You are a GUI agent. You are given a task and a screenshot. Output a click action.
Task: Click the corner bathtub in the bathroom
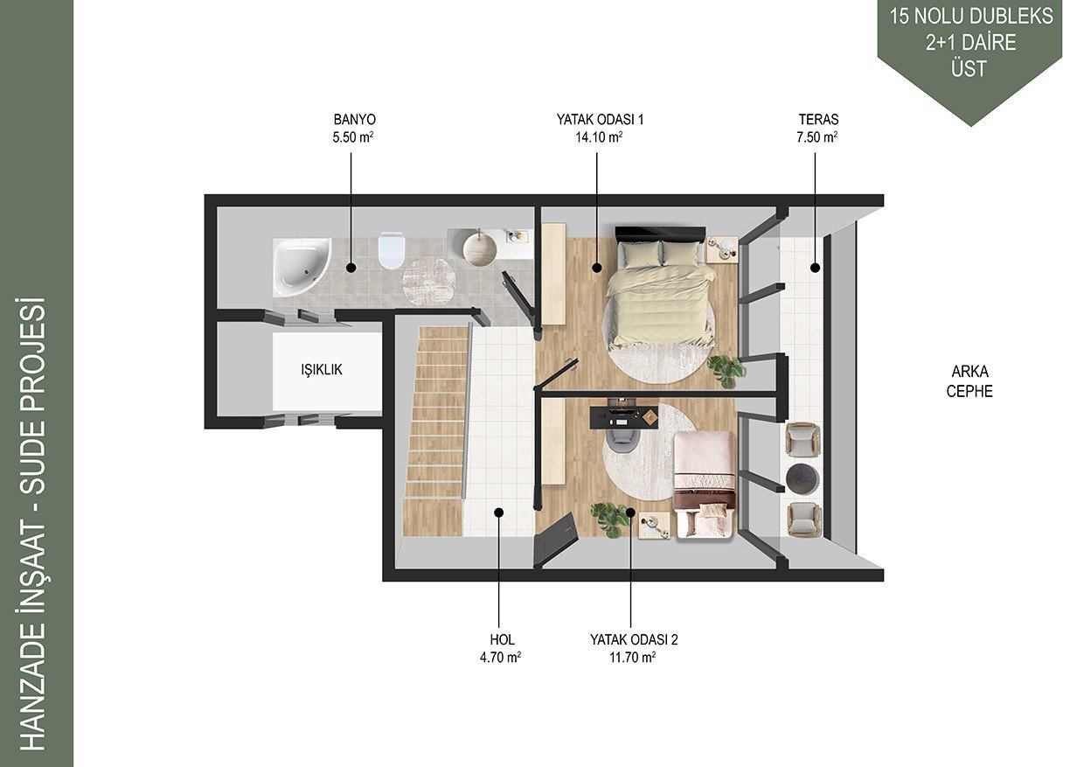(x=301, y=267)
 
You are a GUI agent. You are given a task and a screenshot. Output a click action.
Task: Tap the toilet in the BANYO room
(x=391, y=250)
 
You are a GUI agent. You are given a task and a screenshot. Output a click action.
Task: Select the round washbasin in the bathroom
(x=480, y=249)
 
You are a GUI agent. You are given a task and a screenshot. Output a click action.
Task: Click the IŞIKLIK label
(x=322, y=369)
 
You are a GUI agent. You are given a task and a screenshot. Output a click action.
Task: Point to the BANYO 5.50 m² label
(x=354, y=129)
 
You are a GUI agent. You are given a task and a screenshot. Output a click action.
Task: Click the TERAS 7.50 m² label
(x=818, y=129)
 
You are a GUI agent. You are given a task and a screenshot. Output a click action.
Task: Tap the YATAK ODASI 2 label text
(x=634, y=639)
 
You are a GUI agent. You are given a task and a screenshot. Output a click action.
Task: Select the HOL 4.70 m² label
(x=501, y=648)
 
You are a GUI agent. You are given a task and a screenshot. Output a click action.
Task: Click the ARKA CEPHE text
(x=969, y=381)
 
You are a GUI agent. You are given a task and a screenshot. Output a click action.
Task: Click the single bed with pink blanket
(x=705, y=485)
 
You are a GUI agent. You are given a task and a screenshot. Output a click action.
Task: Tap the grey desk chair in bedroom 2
(x=622, y=436)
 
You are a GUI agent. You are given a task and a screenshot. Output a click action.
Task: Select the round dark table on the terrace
(x=803, y=479)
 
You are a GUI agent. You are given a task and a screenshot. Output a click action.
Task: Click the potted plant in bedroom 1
(x=726, y=370)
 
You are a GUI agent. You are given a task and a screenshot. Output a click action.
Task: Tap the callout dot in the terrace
(x=815, y=268)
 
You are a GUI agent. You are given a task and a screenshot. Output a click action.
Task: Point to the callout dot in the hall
(x=499, y=512)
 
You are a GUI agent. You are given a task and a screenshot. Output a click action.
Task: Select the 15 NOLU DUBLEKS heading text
(x=971, y=17)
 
